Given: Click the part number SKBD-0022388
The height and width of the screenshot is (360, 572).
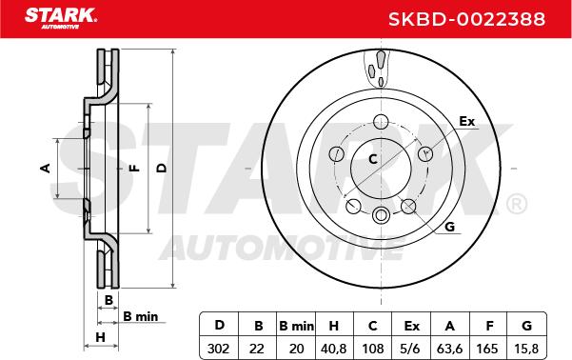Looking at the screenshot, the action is (466, 19).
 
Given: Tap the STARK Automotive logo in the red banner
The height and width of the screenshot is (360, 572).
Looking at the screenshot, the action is (60, 18).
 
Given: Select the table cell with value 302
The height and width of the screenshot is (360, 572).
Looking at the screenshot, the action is (219, 349).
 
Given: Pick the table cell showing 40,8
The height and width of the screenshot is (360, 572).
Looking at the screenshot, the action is (333, 349).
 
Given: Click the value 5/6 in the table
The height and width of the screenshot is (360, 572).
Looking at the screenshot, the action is (410, 349).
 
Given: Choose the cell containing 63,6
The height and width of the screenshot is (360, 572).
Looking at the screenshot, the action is (449, 349).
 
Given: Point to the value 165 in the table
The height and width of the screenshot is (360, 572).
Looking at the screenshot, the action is (487, 349).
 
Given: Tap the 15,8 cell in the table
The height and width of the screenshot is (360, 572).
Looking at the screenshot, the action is (526, 349).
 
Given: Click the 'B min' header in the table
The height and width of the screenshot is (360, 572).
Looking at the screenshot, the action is (296, 326).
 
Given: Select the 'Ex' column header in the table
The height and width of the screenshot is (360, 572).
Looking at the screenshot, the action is (411, 326).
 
